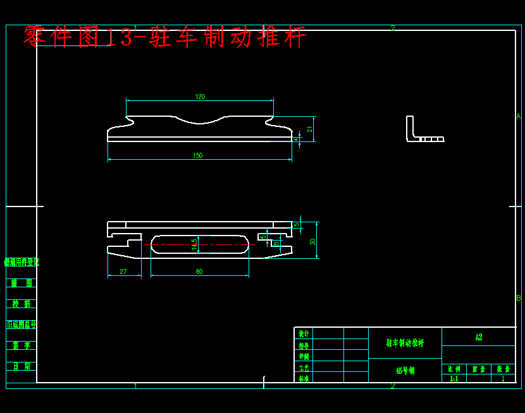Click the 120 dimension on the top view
(x=200, y=97)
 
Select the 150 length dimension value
(x=198, y=155)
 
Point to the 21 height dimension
(x=310, y=129)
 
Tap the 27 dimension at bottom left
(x=123, y=272)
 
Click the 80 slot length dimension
(x=199, y=272)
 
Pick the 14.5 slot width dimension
(x=195, y=244)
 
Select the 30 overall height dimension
(x=312, y=241)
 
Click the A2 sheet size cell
(x=478, y=337)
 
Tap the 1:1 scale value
(x=454, y=379)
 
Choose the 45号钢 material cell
(x=405, y=371)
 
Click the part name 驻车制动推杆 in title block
(x=405, y=343)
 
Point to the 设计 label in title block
(x=304, y=333)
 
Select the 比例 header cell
(x=454, y=369)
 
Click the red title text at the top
(x=164, y=37)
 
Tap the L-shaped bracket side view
(x=421, y=131)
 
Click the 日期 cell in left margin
(x=22, y=366)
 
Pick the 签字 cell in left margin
(x=22, y=345)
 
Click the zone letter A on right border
(x=518, y=116)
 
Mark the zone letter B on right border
(x=518, y=297)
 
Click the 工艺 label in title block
(x=304, y=368)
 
